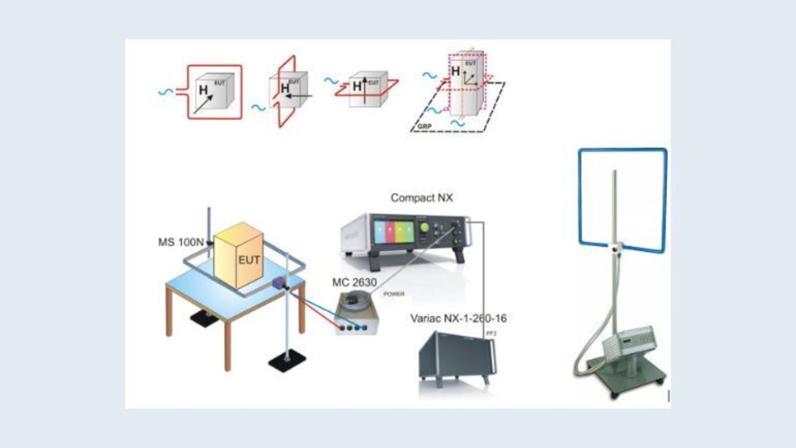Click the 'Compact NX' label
point(421,198)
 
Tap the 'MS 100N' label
point(181,242)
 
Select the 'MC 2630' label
point(354,282)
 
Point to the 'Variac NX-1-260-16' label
point(458,319)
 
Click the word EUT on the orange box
point(248,260)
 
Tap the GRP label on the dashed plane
point(424,126)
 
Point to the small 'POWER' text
point(394,294)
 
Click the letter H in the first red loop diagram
point(203,91)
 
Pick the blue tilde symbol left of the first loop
point(166,92)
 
